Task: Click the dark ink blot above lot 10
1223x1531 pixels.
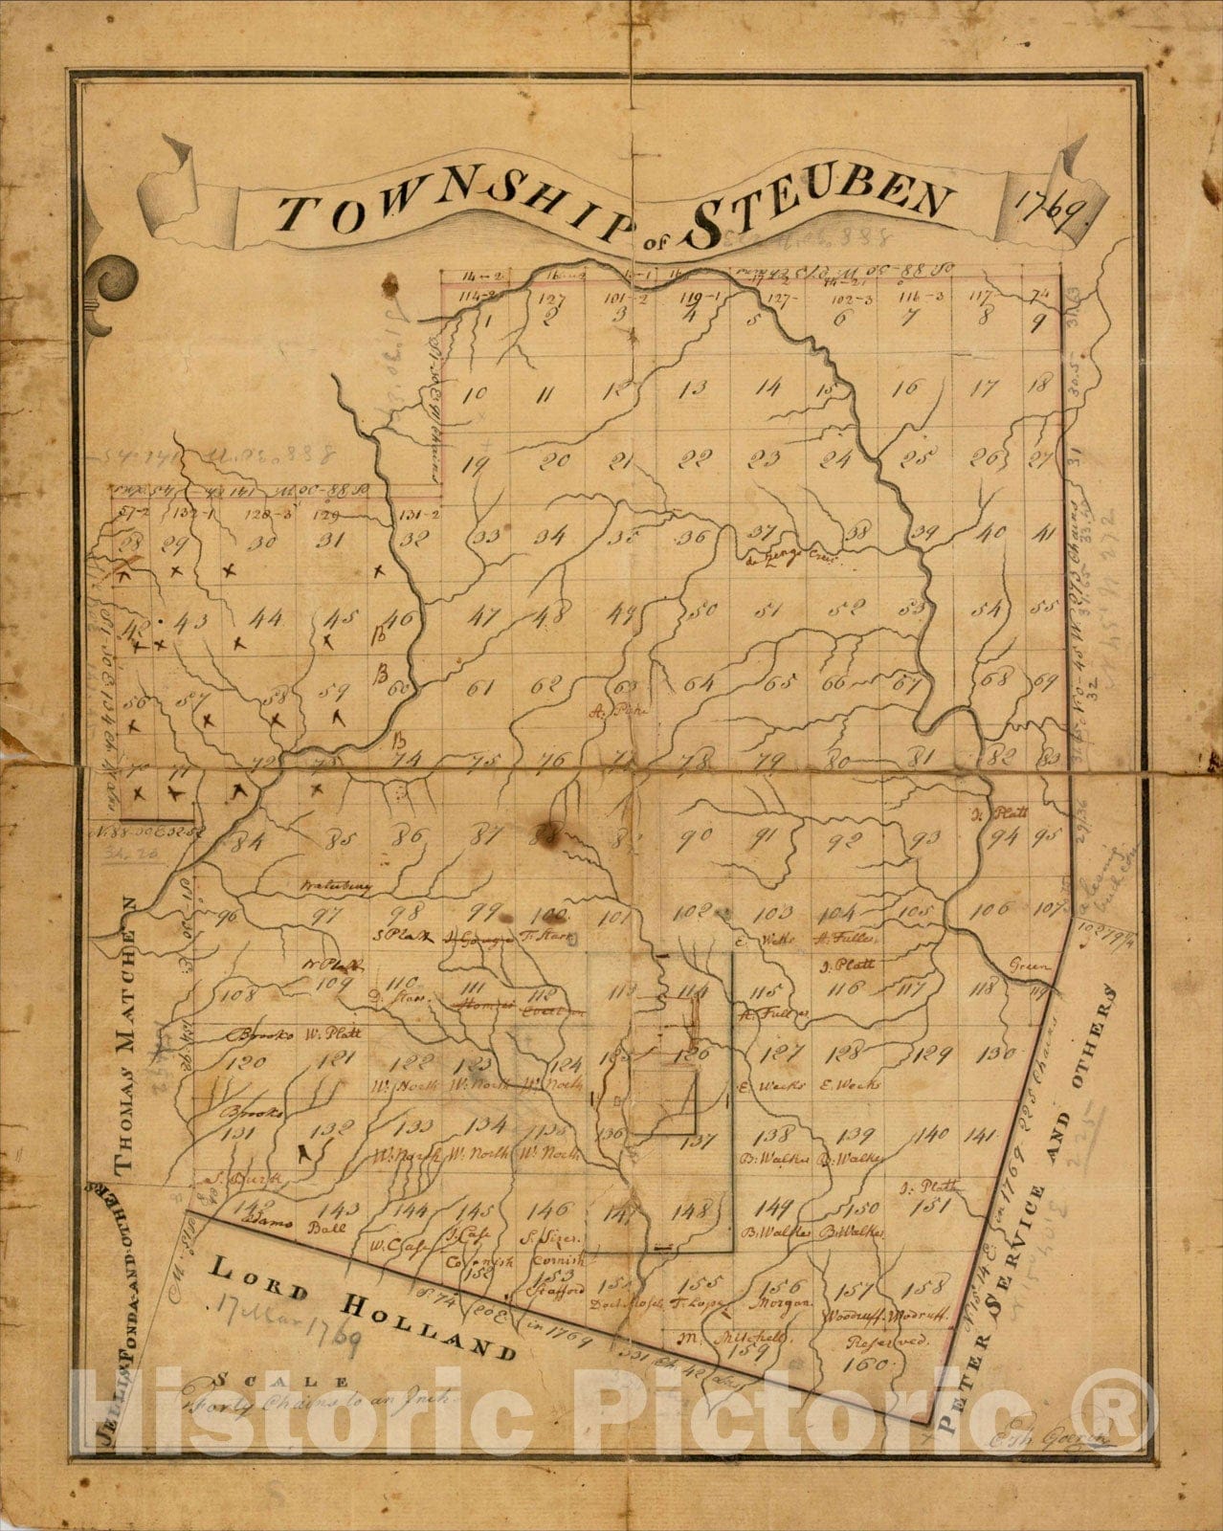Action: pyautogui.click(x=389, y=283)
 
